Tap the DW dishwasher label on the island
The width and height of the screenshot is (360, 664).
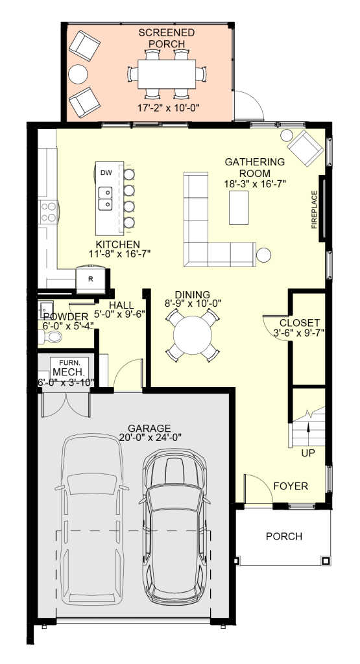pos(106,172)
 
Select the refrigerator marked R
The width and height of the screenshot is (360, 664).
pos(91,279)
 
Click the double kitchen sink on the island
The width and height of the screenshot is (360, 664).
pos(106,198)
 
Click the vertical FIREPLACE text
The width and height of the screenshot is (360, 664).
pos(314,209)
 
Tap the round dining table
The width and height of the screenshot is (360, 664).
pos(192,335)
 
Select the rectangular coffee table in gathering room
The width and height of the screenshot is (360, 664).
pos(239,207)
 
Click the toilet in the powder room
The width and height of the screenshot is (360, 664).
pos(51,337)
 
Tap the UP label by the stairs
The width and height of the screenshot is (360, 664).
pos(308,453)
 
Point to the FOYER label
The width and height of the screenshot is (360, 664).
pos(291,486)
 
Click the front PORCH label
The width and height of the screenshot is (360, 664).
pos(283,536)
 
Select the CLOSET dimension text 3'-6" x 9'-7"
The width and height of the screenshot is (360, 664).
pos(299,333)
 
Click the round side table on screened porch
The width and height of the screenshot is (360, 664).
pos(78,74)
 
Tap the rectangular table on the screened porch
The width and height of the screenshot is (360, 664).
pos(167,74)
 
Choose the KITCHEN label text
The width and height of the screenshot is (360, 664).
pos(118,244)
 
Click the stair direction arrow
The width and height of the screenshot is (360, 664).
pos(308,428)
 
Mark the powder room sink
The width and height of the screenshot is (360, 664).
pos(45,307)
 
